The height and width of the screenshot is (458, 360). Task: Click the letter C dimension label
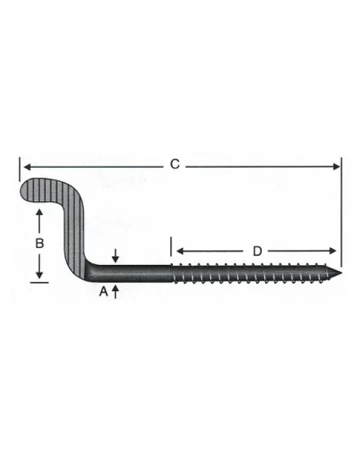coord(175,165)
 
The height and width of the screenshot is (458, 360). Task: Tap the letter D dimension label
coord(257,251)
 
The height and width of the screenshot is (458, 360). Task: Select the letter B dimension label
coord(39,243)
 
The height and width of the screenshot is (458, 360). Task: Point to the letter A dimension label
coord(103,293)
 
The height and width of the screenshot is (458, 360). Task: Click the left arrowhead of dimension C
coord(26,166)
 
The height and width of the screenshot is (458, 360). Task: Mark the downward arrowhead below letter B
coord(39,275)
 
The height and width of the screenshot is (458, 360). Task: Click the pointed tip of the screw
coord(341,272)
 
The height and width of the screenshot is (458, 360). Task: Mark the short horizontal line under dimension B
coord(39,282)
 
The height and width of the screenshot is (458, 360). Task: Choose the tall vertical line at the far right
coord(341,209)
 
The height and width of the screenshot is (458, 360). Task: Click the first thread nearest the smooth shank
coord(175,272)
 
